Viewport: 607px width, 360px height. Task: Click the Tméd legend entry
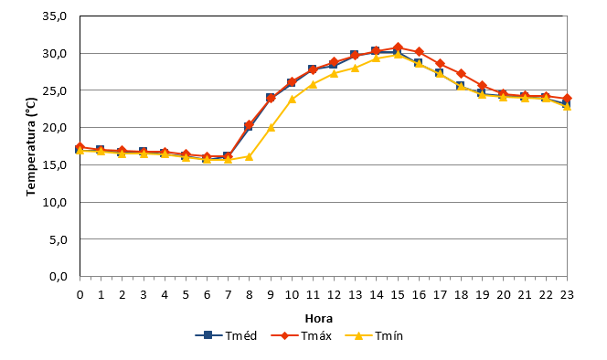point(226,335)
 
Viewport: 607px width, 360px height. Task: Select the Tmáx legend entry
point(301,335)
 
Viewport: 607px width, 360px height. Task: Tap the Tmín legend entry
point(374,335)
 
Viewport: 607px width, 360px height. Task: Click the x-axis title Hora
point(319,319)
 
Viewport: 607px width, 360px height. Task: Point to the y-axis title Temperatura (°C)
point(31,147)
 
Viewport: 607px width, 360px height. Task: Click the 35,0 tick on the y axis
point(55,16)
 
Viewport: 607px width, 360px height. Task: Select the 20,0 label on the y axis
point(55,128)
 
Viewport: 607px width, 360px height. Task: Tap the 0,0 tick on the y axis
point(59,277)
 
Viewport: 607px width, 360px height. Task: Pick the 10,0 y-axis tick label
point(55,203)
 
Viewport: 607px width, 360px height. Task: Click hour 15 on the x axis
point(397,295)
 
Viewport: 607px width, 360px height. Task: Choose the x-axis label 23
point(567,295)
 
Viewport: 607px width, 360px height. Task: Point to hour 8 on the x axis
point(249,295)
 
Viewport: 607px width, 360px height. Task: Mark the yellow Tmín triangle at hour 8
point(249,157)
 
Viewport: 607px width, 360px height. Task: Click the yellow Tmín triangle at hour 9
point(271,127)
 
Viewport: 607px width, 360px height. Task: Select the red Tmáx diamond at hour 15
point(398,48)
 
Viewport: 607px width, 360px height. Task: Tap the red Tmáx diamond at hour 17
point(440,63)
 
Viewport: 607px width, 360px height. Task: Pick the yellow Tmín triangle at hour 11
point(313,84)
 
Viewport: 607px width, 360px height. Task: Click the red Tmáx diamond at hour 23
point(567,99)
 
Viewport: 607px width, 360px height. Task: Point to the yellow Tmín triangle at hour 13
point(355,68)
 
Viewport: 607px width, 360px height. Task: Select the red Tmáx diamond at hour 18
point(461,73)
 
